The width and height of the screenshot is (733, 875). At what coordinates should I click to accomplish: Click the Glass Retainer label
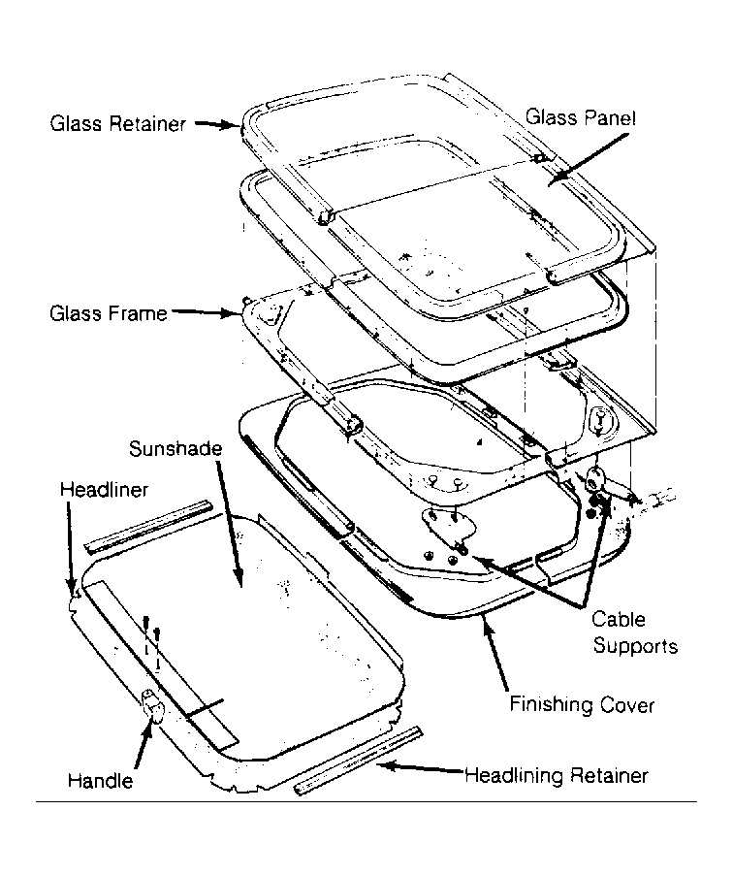[x=117, y=123]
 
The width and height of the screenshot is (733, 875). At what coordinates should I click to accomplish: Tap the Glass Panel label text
[x=581, y=117]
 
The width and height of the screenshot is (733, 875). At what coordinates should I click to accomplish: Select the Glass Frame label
[x=109, y=313]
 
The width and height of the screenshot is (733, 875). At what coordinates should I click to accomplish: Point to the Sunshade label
[x=175, y=449]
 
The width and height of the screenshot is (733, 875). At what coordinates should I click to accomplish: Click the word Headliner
[x=105, y=489]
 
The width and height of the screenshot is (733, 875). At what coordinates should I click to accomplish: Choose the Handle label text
[x=101, y=780]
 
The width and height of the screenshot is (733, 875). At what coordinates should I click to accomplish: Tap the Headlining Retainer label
[x=557, y=776]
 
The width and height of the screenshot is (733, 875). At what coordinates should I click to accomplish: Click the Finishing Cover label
[x=582, y=705]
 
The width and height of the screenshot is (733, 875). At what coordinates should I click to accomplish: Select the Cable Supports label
[x=635, y=632]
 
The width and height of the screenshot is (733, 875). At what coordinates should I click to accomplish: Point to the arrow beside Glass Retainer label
[x=217, y=124]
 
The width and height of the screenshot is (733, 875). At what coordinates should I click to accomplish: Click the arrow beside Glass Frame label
[x=207, y=312]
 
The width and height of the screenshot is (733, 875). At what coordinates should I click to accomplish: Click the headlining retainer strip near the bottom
[x=358, y=762]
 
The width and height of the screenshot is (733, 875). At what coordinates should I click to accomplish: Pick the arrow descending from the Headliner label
[x=70, y=548]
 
